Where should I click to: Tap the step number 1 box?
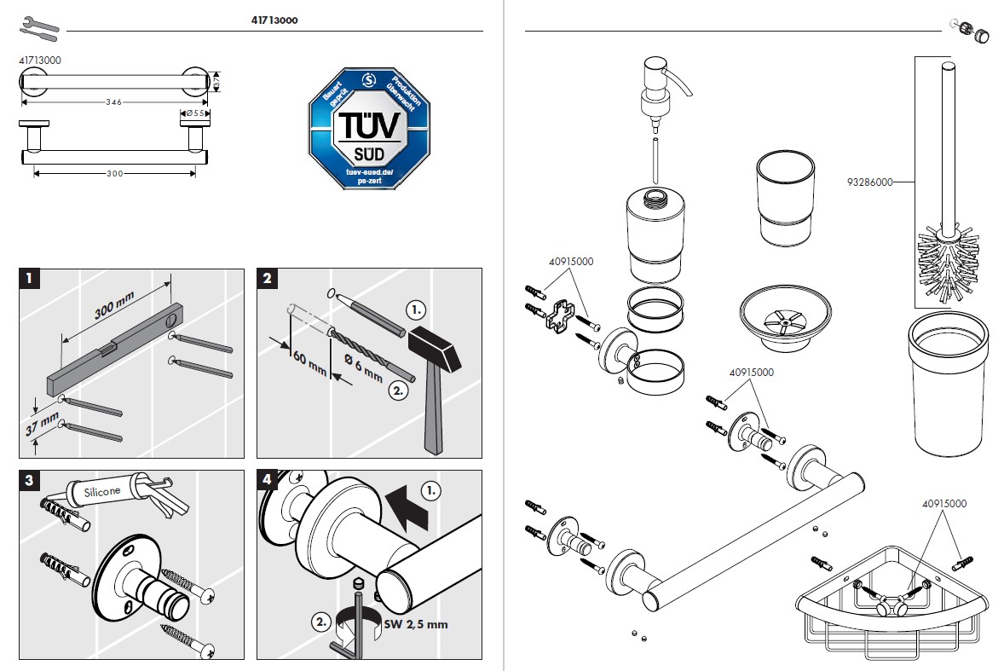29,278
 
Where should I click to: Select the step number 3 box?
29,480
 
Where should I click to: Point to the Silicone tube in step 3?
111,489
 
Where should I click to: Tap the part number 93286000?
868,182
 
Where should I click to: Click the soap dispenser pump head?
662,81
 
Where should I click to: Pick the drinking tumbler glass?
783,201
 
